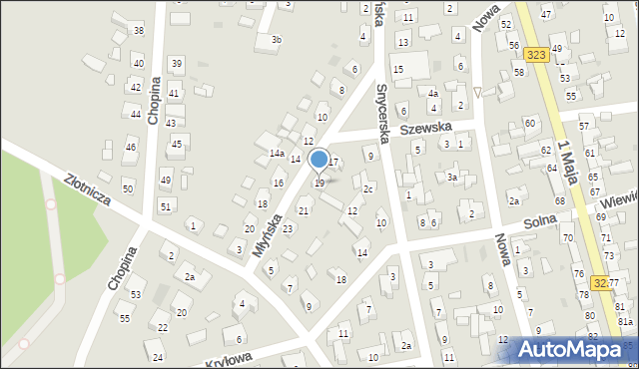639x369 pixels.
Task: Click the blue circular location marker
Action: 319,159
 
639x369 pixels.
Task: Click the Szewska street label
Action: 425,128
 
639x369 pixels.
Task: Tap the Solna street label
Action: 554,227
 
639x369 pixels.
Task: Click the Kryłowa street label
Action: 224,357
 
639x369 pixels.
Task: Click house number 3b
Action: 277,40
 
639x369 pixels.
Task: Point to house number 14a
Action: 277,154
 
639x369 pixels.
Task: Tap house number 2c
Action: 368,188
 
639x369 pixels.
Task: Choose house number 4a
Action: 433,94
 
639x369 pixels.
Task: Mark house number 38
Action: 138,31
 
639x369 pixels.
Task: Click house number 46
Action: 130,148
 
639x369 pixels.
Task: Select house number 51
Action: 166,206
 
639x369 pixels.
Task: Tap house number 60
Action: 529,123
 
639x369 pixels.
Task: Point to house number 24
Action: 158,356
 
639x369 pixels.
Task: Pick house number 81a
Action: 625,321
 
